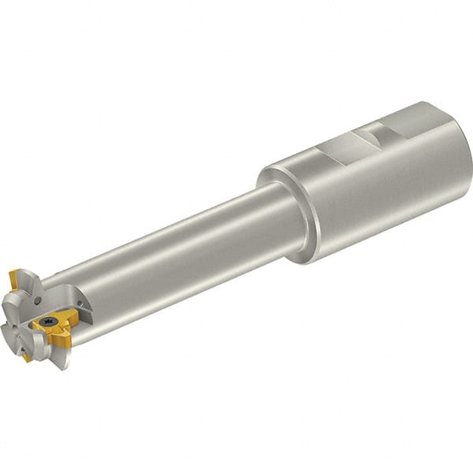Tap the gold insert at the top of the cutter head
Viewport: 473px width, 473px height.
pos(13,278)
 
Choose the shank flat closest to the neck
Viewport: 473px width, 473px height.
pos(335,149)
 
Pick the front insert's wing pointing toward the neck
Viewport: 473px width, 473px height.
pos(73,316)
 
